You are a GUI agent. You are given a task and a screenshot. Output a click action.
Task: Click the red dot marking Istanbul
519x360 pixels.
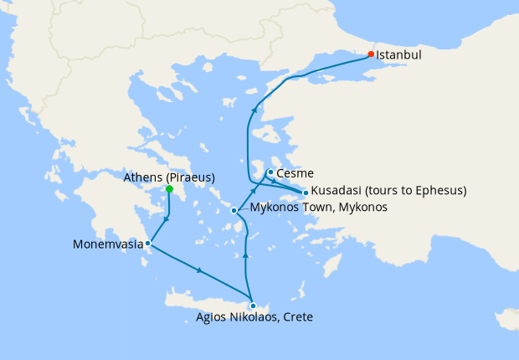tap(371, 54)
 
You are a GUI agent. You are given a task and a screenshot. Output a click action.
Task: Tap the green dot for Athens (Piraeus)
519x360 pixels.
tap(169, 189)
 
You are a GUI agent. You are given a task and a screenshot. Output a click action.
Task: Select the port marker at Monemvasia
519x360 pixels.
tap(147, 244)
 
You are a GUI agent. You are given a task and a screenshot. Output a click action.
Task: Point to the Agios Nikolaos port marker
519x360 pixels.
tap(253, 306)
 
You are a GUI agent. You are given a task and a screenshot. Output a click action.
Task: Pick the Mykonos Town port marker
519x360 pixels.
tap(234, 210)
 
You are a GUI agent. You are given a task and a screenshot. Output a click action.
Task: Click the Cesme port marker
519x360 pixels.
tap(270, 172)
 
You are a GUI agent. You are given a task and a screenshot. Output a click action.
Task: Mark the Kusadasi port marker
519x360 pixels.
tap(306, 193)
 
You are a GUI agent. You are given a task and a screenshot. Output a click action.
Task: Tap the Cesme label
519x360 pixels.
tap(294, 174)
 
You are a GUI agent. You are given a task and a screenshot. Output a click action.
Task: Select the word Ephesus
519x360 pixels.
tap(436, 191)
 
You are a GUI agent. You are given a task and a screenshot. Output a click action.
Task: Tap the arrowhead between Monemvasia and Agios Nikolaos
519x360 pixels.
tap(199, 271)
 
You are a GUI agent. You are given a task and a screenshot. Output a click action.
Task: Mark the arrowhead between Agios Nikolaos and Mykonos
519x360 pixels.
tap(245, 254)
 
